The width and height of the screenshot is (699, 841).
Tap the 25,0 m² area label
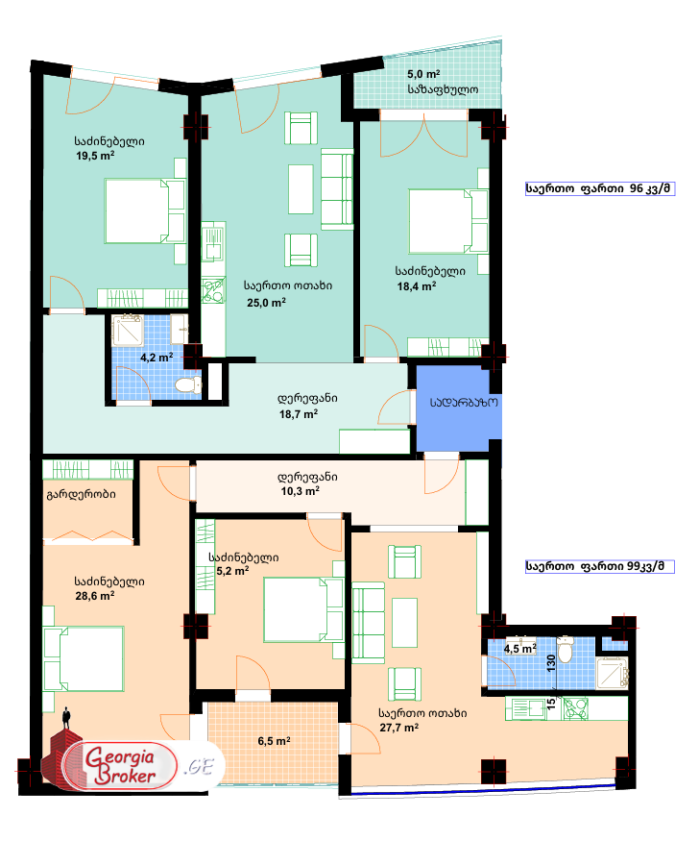pyautogui.click(x=266, y=303)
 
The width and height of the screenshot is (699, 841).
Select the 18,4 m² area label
pyautogui.click(x=417, y=285)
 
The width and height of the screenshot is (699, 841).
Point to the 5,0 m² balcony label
pyautogui.click(x=423, y=74)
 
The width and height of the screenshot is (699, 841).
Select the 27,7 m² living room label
pyautogui.click(x=398, y=728)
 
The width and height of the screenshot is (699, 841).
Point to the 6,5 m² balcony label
pyautogui.click(x=274, y=741)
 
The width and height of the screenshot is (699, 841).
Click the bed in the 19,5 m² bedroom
pyautogui.click(x=143, y=212)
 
